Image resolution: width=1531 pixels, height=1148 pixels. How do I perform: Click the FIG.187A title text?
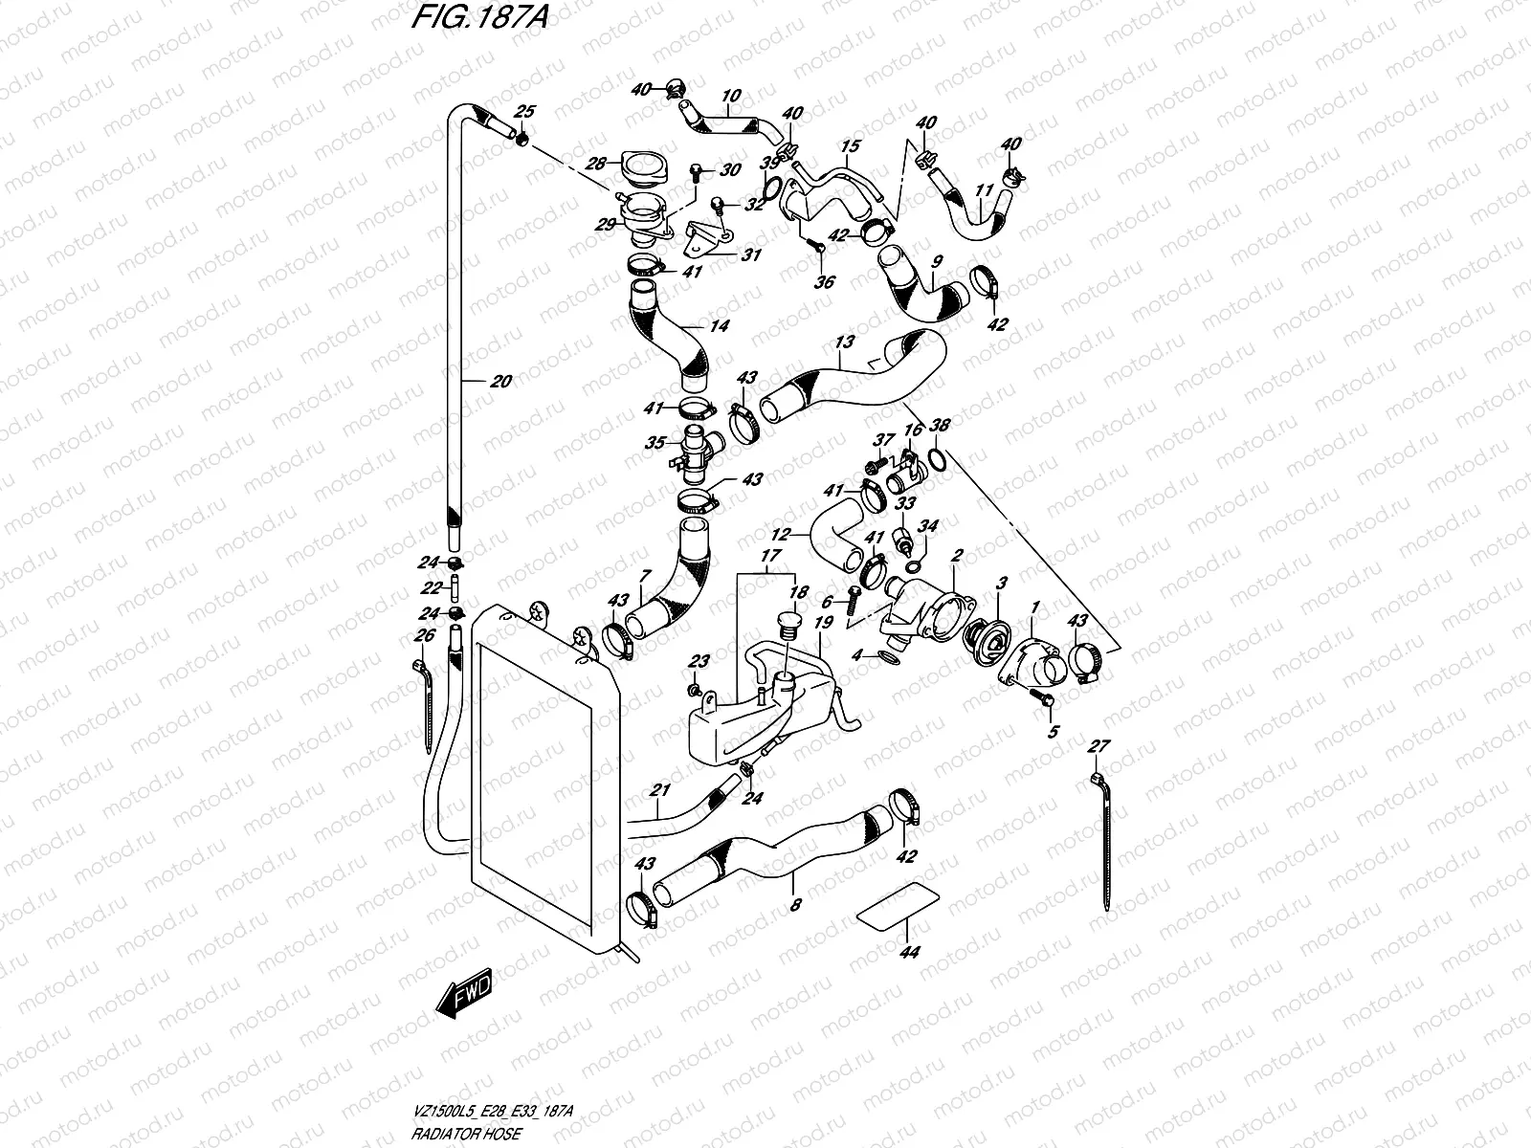point(480,16)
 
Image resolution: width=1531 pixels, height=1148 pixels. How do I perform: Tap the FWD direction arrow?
point(464,993)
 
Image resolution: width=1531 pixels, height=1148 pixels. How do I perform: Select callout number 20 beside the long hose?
point(500,382)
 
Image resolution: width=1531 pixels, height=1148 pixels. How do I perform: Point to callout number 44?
point(909,952)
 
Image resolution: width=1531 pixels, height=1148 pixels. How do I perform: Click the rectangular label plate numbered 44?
point(897,906)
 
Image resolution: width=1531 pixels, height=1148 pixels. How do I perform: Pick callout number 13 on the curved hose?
point(845,342)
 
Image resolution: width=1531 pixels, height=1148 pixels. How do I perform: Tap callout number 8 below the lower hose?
point(795,905)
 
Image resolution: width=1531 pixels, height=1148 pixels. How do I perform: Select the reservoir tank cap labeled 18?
point(786,626)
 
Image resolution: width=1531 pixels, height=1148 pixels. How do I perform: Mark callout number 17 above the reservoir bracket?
point(770,556)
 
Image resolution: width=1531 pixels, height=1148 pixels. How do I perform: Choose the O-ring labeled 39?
point(770,188)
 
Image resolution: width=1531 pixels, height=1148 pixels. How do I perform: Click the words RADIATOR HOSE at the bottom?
point(466,1134)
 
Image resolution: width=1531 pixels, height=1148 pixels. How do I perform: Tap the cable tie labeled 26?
point(424,706)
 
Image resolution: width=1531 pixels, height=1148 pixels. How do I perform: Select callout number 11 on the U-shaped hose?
point(984,189)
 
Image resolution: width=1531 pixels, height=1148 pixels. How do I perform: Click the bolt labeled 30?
point(696,173)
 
